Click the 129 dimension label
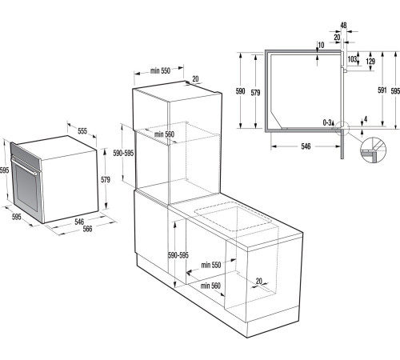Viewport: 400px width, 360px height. tap(369, 62)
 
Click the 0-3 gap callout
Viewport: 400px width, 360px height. tap(327, 122)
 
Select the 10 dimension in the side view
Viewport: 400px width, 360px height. tap(320, 44)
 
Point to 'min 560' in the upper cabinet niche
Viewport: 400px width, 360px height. tap(164, 134)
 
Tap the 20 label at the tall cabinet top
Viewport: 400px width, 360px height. tap(196, 79)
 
